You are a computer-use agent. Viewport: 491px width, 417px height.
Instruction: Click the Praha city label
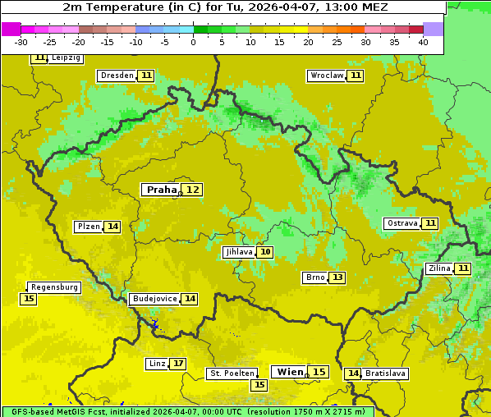(x=161, y=190)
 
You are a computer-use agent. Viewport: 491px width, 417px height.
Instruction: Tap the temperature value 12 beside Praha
(x=192, y=190)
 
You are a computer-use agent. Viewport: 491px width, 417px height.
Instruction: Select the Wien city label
(x=290, y=372)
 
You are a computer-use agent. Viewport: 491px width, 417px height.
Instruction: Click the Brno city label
(x=315, y=277)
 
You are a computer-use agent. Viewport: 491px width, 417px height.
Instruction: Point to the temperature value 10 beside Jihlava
(x=265, y=252)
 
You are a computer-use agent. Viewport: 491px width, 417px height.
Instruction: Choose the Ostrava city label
(x=402, y=223)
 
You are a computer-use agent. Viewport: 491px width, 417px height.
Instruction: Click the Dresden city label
(x=117, y=76)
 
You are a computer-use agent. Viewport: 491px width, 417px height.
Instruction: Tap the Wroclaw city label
(x=326, y=76)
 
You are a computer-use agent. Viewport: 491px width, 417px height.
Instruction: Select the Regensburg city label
(x=54, y=287)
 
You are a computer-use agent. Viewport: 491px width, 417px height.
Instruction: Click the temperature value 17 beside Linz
(x=178, y=364)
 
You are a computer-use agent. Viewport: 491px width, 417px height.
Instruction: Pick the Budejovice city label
(x=154, y=299)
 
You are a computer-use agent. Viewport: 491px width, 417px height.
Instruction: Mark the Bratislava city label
(x=386, y=373)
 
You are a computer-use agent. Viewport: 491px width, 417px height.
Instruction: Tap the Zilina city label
(x=439, y=268)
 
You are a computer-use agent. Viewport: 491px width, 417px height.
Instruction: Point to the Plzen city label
(x=88, y=227)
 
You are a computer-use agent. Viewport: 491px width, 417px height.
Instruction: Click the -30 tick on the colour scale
(x=21, y=42)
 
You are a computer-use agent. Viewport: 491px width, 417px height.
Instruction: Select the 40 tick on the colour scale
(x=423, y=42)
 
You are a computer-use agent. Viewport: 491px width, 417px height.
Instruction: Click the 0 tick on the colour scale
(x=193, y=42)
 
